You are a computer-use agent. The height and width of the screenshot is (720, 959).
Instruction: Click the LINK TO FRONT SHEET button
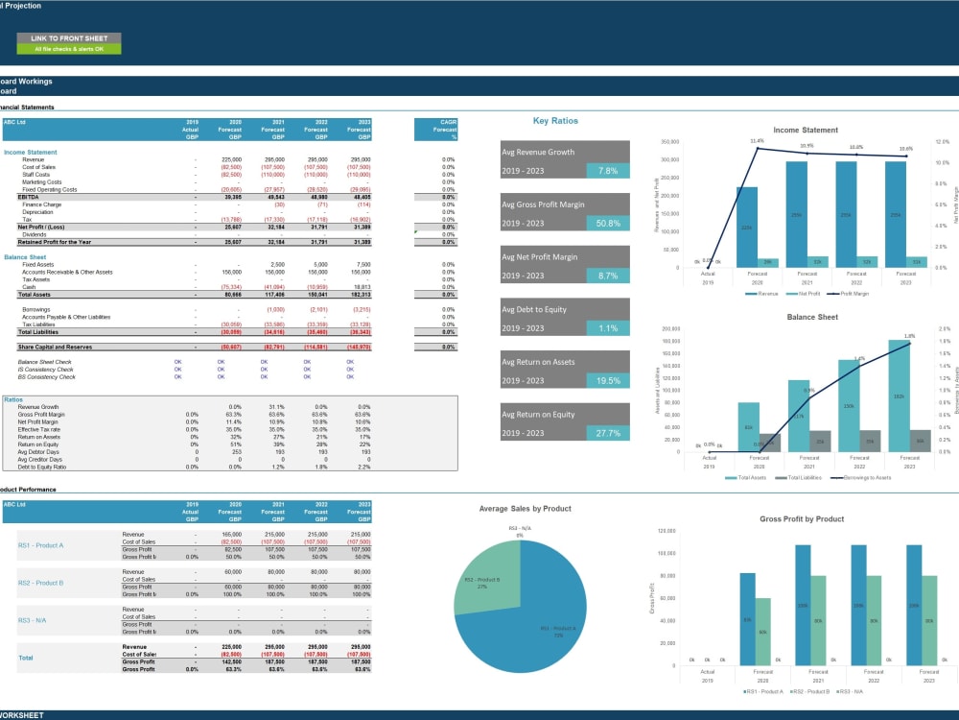[x=69, y=37]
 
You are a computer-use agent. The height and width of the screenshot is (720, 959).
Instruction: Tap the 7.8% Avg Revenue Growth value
[x=608, y=170]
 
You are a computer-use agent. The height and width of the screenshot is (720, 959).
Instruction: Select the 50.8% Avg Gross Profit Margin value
[x=608, y=223]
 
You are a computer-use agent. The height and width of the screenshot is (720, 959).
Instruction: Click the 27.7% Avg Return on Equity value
[x=608, y=433]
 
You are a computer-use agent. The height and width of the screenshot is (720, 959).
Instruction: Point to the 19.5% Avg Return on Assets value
[x=608, y=380]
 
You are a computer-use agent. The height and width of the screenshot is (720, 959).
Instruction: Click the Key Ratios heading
[x=555, y=121]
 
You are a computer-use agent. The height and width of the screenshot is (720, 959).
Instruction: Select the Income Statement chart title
[x=806, y=130]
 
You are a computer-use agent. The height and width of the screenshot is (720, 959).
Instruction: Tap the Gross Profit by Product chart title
[x=802, y=518]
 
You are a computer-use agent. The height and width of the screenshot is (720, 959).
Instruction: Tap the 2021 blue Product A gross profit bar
[x=803, y=604]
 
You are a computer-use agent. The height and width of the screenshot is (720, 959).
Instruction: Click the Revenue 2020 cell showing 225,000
[x=230, y=159]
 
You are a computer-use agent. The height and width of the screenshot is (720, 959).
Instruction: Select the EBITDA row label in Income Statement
[x=15, y=197]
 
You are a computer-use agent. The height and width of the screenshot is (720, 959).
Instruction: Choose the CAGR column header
[x=447, y=122]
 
